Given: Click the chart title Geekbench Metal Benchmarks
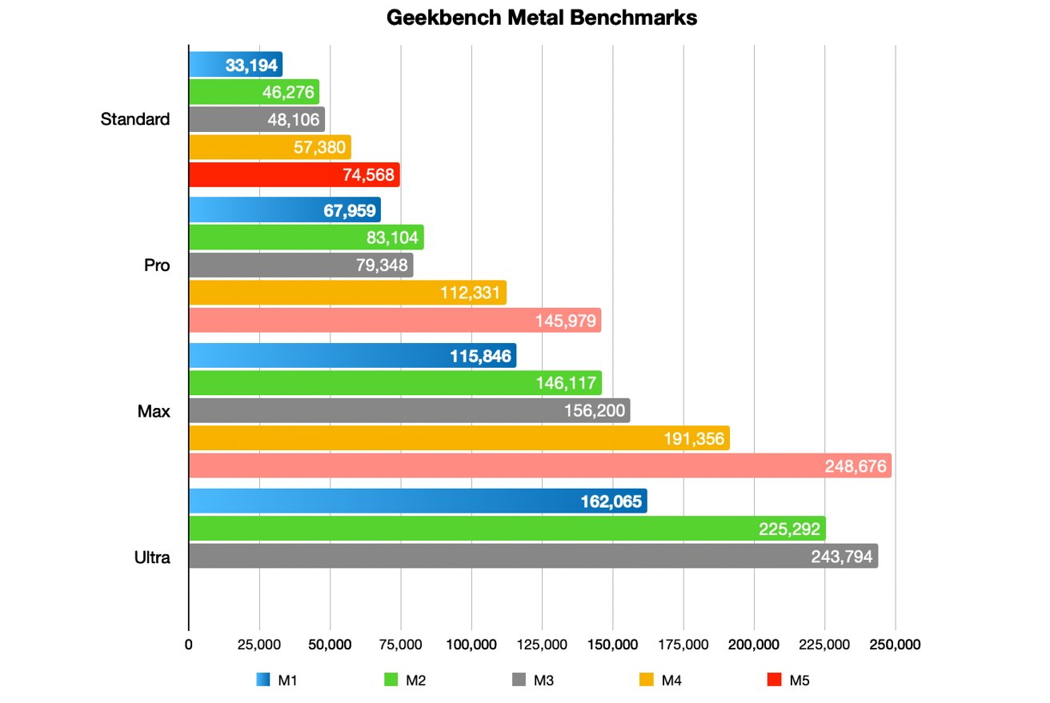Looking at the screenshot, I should tap(542, 18).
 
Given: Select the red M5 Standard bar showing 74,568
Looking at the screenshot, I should tap(294, 175).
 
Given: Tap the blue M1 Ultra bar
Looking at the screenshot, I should tap(417, 501).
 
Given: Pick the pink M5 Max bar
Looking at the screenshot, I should tap(539, 465).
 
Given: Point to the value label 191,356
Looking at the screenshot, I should tap(696, 438).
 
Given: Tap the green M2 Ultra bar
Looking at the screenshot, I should tap(507, 529).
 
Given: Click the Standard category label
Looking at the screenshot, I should tap(135, 120).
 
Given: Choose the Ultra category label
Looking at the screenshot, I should tap(152, 557).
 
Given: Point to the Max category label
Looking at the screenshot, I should tap(154, 411).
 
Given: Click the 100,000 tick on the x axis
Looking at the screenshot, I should tap(471, 645).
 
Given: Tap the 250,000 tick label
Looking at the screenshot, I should tap(895, 645).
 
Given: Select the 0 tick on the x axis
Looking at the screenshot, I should tap(189, 645).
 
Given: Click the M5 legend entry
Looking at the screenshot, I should tap(788, 681).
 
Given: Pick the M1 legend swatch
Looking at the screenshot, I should tap(262, 681).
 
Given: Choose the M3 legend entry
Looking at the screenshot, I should tap(532, 681).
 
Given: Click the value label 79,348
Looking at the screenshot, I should tap(382, 265).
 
